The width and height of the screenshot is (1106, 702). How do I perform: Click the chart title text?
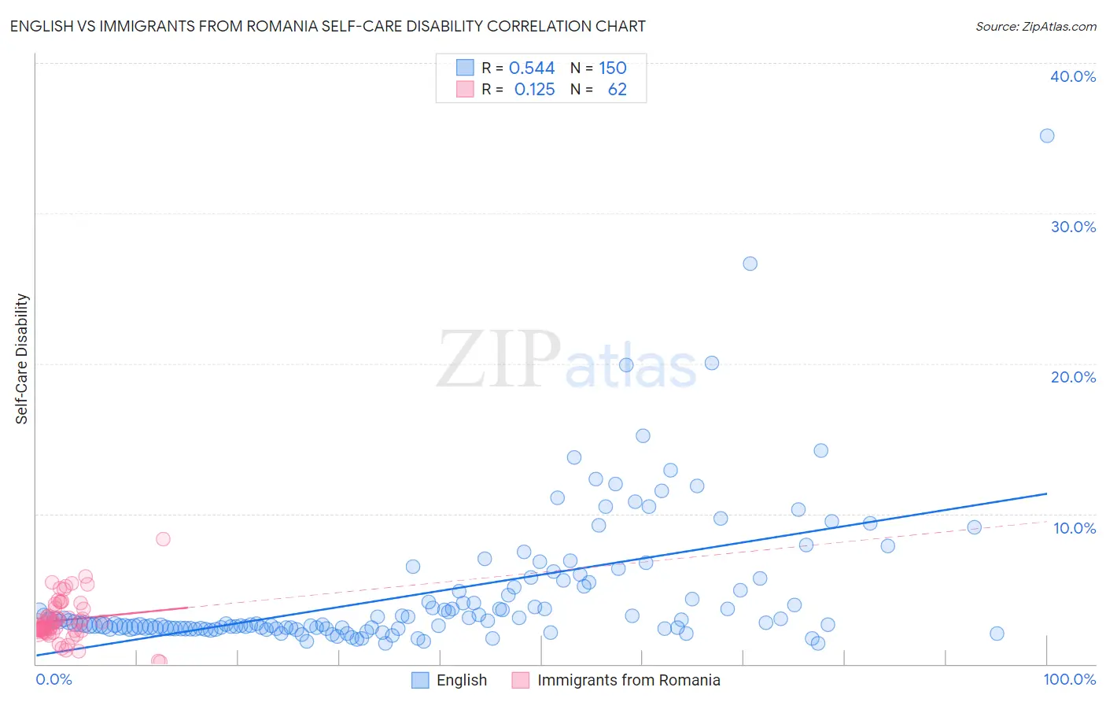pyautogui.click(x=327, y=26)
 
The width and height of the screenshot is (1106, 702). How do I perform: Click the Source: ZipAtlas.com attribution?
pyautogui.click(x=1035, y=26)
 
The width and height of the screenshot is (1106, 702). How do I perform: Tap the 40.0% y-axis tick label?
pyautogui.click(x=1073, y=76)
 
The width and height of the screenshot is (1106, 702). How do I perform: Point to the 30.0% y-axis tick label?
pyautogui.click(x=1073, y=227)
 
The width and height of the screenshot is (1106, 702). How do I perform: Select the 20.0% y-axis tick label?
pyautogui.click(x=1073, y=377)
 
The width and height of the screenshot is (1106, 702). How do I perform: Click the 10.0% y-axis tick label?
pyautogui.click(x=1075, y=528)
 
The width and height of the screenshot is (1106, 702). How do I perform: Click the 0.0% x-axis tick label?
pyautogui.click(x=53, y=680)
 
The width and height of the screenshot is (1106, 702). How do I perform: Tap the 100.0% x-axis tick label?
pyautogui.click(x=1070, y=680)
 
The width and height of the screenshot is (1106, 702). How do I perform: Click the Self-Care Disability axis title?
pyautogui.click(x=22, y=359)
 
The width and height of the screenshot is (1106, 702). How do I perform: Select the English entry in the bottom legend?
pyautogui.click(x=462, y=681)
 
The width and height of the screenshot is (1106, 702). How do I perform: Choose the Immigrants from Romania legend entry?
pyautogui.click(x=629, y=681)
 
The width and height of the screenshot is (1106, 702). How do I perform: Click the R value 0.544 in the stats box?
pyautogui.click(x=532, y=68)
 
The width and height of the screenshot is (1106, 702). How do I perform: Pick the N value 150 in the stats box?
pyautogui.click(x=613, y=68)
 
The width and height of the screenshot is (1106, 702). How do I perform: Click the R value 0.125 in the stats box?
pyautogui.click(x=534, y=90)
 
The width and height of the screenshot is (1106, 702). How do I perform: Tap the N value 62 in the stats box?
pyautogui.click(x=618, y=90)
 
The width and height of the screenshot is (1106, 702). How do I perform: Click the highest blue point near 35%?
pyautogui.click(x=1047, y=136)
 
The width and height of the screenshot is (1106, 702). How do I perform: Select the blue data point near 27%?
pyautogui.click(x=750, y=264)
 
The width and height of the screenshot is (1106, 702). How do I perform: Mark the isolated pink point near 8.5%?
pyautogui.click(x=163, y=539)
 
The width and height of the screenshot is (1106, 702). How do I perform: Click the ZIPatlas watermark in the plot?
pyautogui.click(x=566, y=360)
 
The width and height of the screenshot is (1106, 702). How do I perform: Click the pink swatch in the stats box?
pyautogui.click(x=465, y=90)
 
